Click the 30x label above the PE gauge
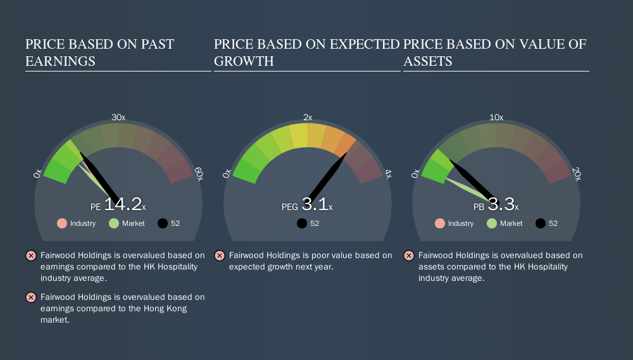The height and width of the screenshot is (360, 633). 118,118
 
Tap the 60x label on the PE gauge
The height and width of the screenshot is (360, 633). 199,174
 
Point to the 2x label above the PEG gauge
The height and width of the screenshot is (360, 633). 308,118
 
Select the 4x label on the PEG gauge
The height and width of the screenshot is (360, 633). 388,174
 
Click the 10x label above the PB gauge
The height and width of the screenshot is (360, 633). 496,118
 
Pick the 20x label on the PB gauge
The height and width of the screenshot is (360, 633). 577,174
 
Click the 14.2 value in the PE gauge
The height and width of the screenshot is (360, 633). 123,204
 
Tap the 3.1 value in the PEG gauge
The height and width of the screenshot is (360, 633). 315,204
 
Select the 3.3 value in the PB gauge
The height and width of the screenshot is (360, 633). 501,204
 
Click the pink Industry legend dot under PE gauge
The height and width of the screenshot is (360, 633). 62,223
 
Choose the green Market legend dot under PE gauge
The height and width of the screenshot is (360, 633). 114,223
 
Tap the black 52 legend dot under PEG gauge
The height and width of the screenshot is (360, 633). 301,223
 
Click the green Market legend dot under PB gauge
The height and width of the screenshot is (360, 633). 492,223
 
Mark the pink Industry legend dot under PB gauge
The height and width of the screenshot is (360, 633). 440,223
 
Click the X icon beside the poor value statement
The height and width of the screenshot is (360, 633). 220,256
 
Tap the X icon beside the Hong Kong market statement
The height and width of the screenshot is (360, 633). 31,297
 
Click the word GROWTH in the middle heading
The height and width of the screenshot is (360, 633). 244,61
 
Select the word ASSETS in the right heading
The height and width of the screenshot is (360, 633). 428,61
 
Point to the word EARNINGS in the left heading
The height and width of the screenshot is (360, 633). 60,61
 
